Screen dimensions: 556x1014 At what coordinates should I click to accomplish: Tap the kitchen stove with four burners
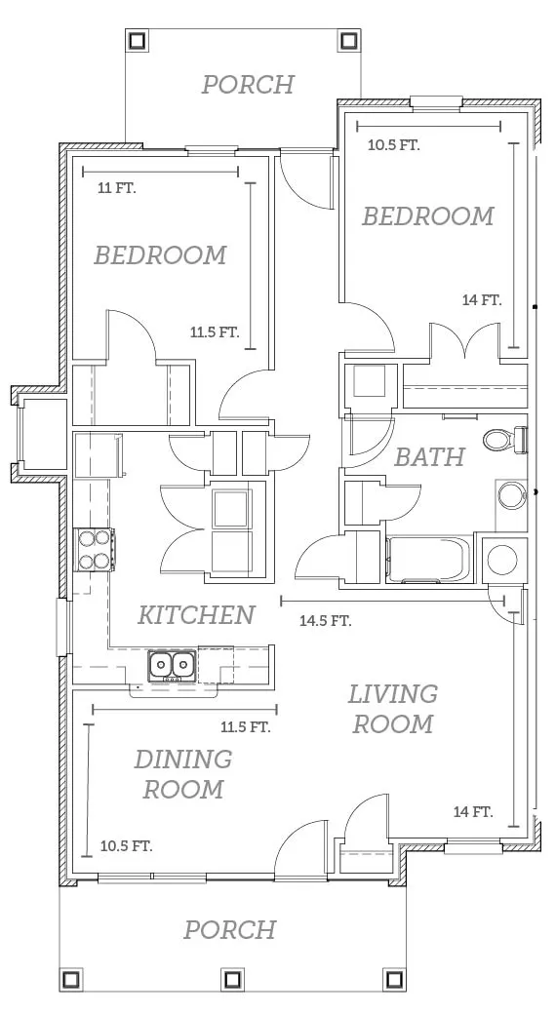pyautogui.click(x=96, y=550)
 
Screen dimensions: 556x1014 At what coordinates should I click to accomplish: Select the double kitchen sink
pyautogui.click(x=173, y=665)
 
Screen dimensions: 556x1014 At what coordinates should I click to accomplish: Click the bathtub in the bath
pyautogui.click(x=428, y=560)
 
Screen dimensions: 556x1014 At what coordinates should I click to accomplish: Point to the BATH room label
pyautogui.click(x=429, y=456)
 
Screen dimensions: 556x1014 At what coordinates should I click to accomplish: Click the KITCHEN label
pyautogui.click(x=196, y=614)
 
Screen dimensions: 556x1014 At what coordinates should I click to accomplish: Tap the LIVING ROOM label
pyautogui.click(x=393, y=709)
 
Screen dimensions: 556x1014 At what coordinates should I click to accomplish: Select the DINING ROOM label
pyautogui.click(x=183, y=774)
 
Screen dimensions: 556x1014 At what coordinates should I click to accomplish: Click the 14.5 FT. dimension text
pyautogui.click(x=326, y=621)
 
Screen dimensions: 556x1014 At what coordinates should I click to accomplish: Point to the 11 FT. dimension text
pyautogui.click(x=117, y=189)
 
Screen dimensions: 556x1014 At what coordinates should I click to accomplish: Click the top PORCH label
pyautogui.click(x=248, y=85)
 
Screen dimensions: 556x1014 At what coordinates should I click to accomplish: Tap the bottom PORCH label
pyautogui.click(x=230, y=930)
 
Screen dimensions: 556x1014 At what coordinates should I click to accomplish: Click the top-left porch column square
pyautogui.click(x=137, y=41)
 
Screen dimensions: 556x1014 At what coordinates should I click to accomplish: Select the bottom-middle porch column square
pyautogui.click(x=232, y=979)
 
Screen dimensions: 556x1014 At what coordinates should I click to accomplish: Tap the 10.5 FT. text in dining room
pyautogui.click(x=127, y=846)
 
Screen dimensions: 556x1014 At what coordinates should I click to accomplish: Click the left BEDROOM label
pyautogui.click(x=161, y=255)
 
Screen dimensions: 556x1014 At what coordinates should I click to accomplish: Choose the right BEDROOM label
pyautogui.click(x=428, y=216)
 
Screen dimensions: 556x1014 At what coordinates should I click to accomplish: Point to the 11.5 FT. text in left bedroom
pyautogui.click(x=215, y=333)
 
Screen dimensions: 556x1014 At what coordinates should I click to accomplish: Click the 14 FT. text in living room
pyautogui.click(x=473, y=811)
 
